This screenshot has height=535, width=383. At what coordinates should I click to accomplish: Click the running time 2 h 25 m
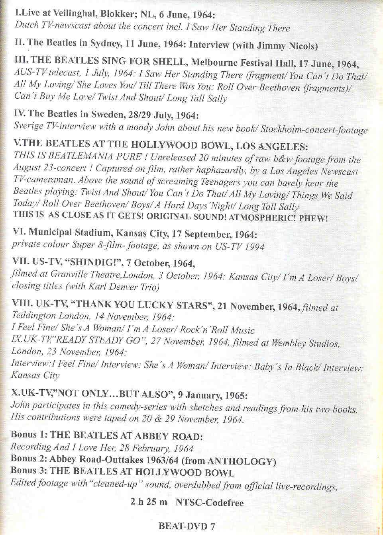click(149, 502)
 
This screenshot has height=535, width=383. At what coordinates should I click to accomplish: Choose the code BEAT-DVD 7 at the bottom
click(187, 526)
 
